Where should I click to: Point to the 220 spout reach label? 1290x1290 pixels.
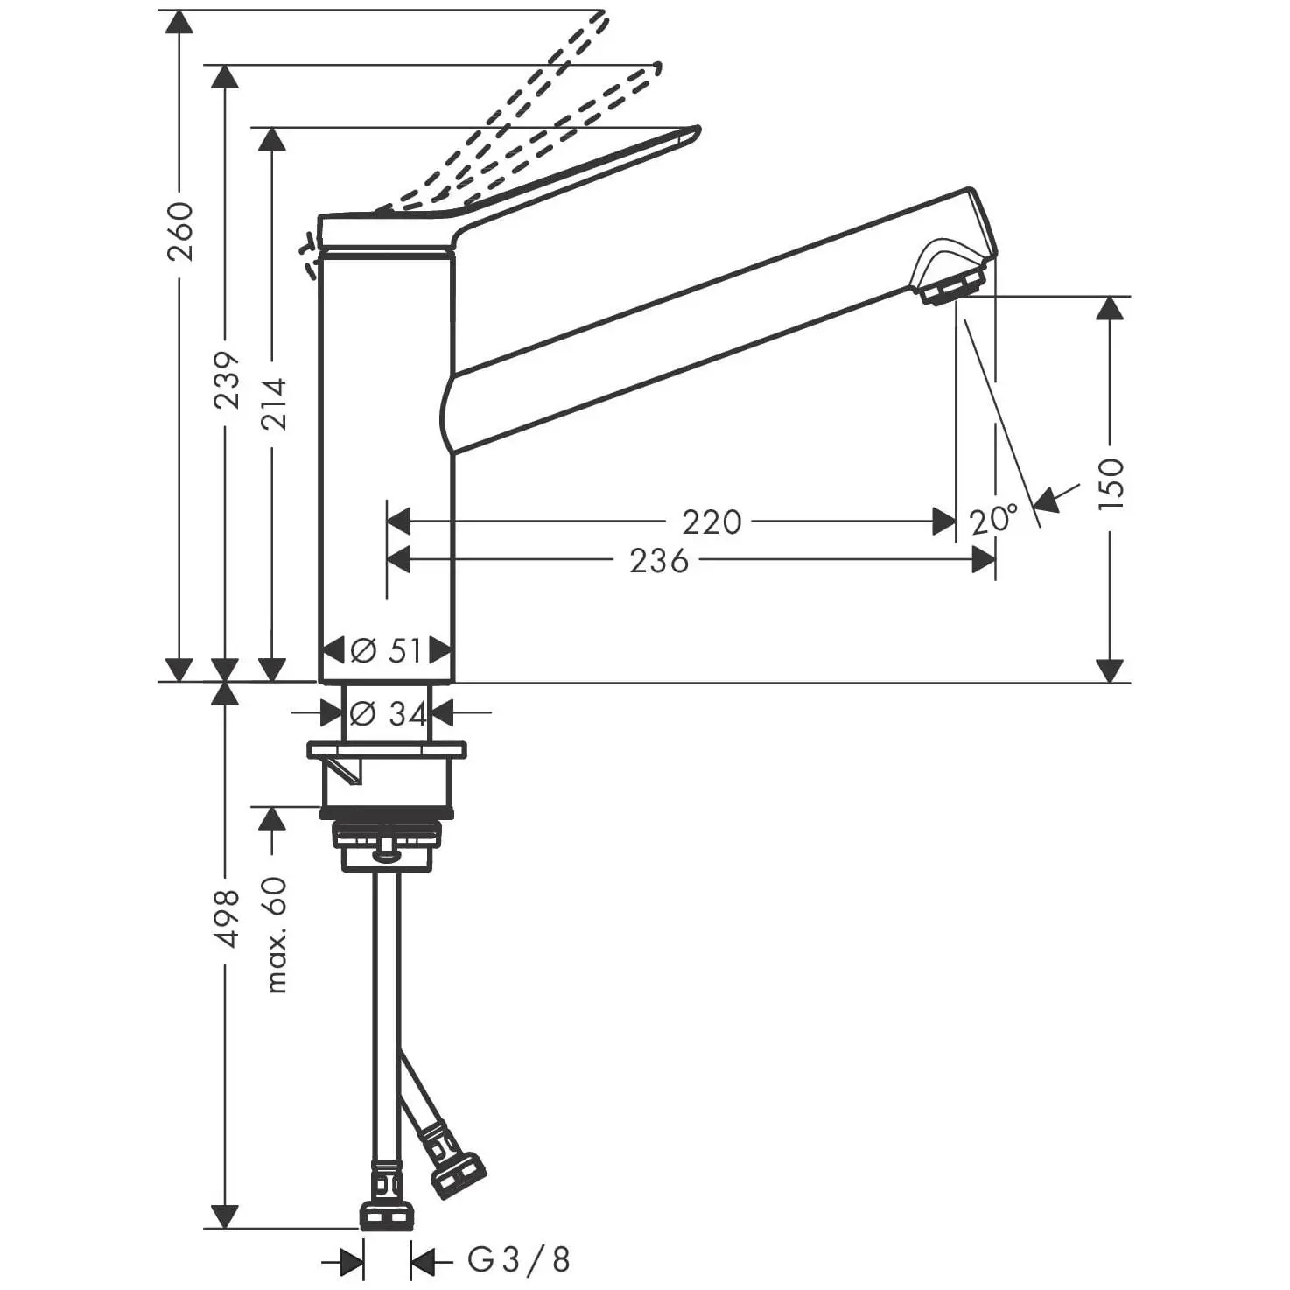tap(712, 522)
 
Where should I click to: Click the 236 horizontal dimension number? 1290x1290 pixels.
tap(659, 561)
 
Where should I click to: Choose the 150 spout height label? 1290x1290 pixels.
tap(1111, 484)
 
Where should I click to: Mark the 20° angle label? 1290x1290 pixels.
tap(993, 519)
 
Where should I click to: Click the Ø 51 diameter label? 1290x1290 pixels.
tap(386, 650)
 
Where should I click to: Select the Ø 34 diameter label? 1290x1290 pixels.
tap(388, 714)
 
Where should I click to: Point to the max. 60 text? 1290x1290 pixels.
tap(276, 935)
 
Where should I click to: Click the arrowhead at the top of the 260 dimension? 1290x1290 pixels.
tap(179, 22)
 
